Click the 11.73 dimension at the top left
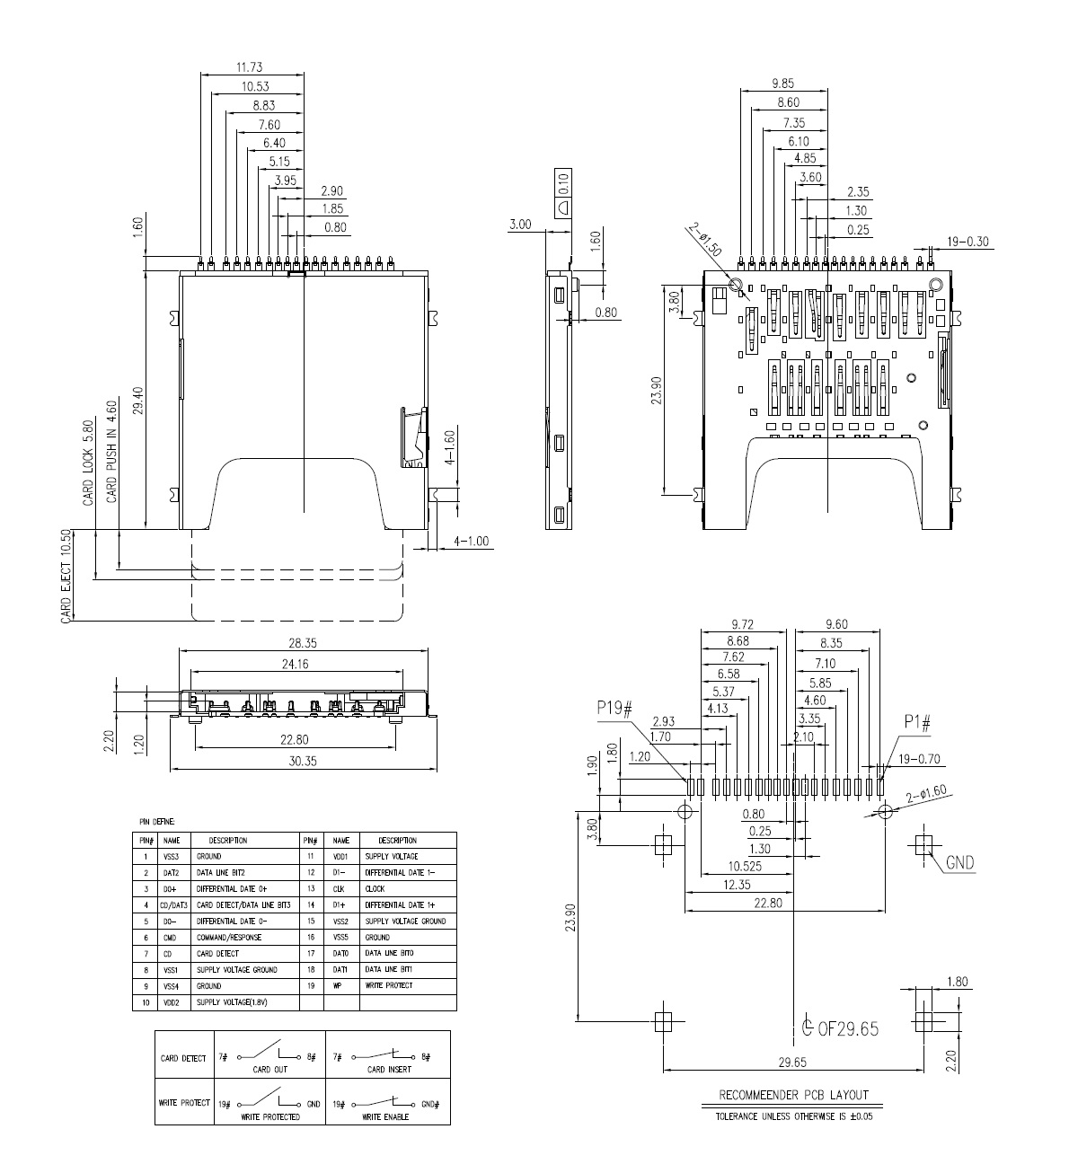tap(249, 67)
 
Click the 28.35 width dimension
tap(302, 643)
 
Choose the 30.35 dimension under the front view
tap(302, 761)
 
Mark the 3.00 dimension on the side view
tap(520, 225)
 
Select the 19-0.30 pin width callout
tap(968, 241)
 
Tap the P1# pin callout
tap(917, 721)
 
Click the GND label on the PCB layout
tap(959, 863)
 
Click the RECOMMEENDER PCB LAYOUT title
tap(793, 1095)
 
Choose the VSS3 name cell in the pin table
tap(172, 857)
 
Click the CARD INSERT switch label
tap(389, 1070)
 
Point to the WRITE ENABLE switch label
tap(385, 1117)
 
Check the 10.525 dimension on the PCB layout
tap(720, 867)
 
